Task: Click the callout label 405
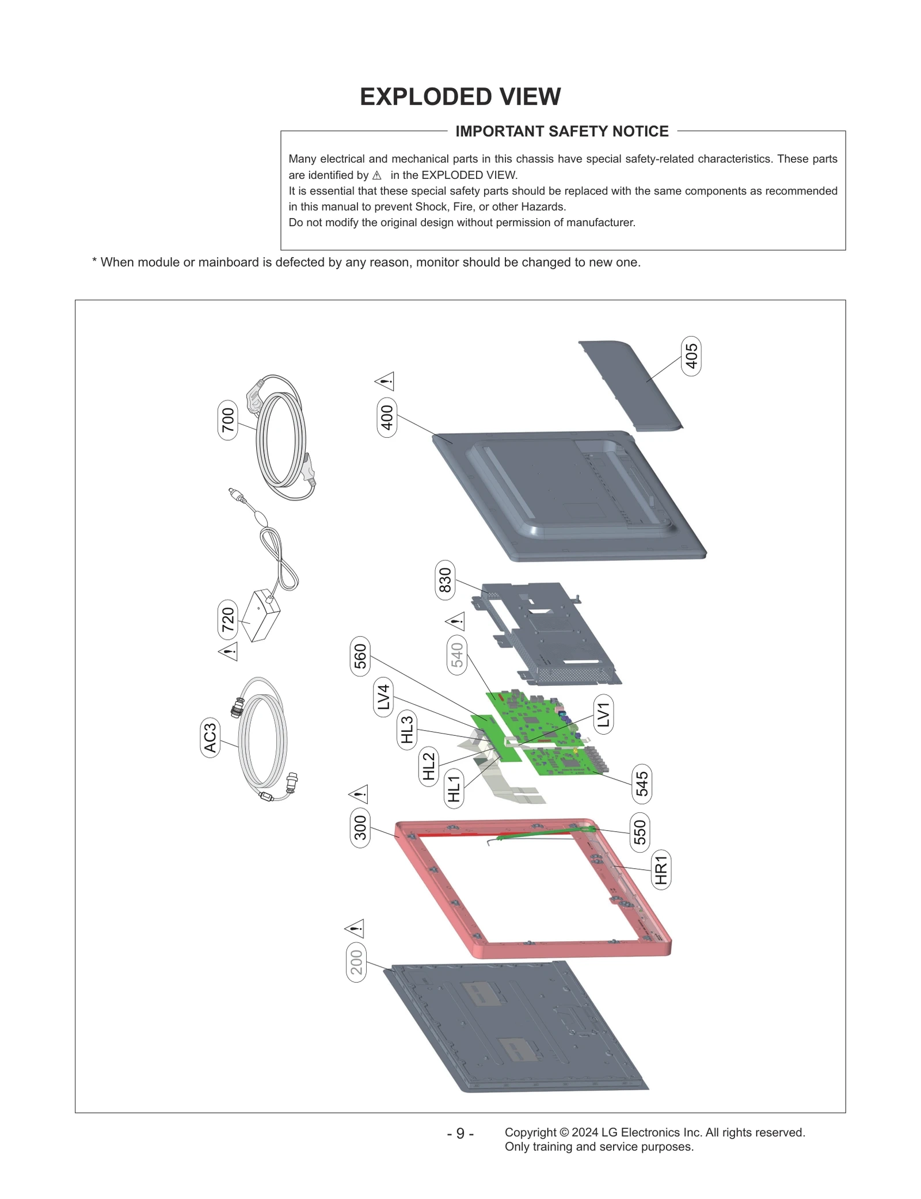691,356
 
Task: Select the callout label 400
387,417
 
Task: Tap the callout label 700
228,420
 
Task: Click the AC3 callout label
210,738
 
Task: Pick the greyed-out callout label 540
456,655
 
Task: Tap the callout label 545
641,784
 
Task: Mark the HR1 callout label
661,869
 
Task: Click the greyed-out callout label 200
356,962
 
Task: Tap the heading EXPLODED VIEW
460,97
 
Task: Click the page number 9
460,1133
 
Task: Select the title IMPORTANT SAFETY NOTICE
562,131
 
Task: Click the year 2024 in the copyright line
584,1132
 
